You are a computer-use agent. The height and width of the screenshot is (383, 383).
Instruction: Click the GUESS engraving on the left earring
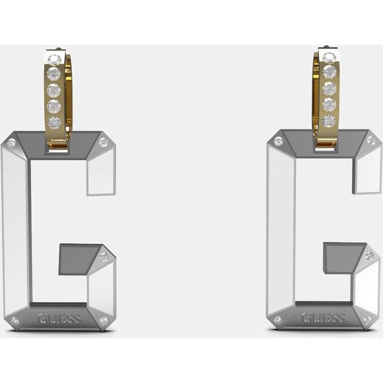(59, 318)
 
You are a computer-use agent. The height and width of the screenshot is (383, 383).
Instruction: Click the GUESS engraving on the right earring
(323, 318)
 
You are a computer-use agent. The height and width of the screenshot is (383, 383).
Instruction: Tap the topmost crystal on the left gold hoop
(54, 59)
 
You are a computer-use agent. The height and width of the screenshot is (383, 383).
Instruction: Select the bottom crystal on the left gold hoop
(54, 122)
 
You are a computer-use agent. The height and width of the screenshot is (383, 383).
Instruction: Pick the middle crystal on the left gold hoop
(54, 90)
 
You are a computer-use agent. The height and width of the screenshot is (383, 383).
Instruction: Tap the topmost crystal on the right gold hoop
(329, 58)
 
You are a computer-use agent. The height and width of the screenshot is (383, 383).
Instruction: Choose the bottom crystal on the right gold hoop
(329, 121)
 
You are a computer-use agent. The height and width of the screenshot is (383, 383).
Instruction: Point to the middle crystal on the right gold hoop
(329, 89)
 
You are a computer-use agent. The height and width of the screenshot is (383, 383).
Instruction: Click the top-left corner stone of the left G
(11, 142)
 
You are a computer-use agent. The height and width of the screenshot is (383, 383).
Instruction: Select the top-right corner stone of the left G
(103, 142)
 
